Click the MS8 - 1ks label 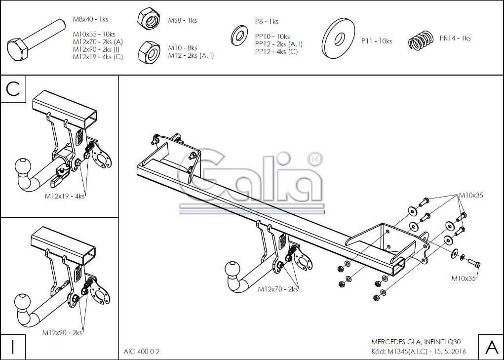[182, 20]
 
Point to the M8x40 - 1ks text [90, 19]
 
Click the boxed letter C [13, 89]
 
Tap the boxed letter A [491, 347]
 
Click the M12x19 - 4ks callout [65, 196]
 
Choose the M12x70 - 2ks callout [278, 289]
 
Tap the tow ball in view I [23, 301]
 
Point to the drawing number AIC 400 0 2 [142, 352]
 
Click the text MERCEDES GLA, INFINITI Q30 [418, 342]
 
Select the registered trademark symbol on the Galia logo [314, 159]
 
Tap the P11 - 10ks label [376, 41]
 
